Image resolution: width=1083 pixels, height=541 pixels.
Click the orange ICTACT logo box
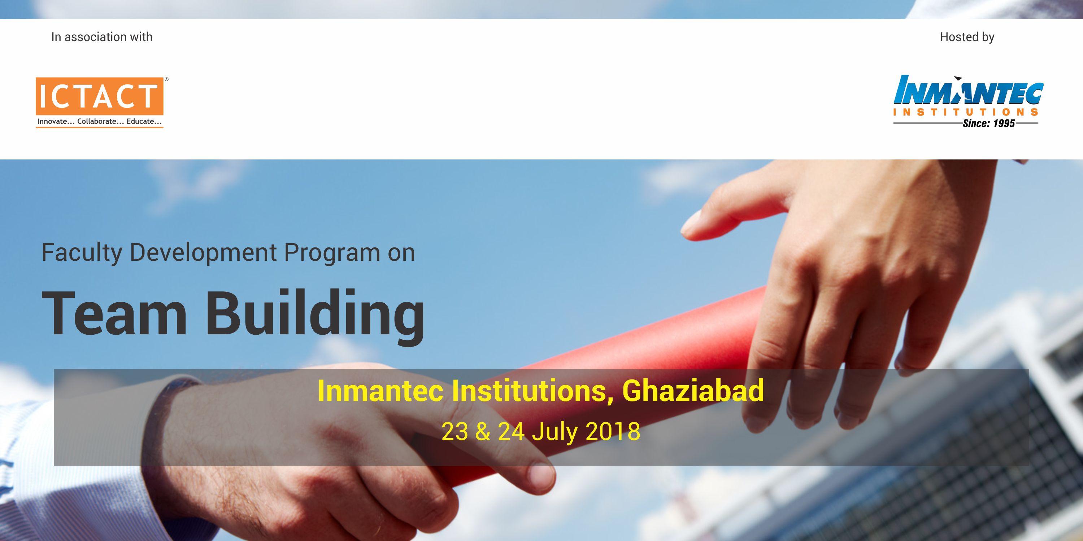click(100, 96)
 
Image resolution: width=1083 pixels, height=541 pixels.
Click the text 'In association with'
click(102, 37)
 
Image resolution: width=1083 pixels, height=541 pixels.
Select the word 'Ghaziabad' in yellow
click(693, 390)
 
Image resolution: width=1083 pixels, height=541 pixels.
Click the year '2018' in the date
click(613, 432)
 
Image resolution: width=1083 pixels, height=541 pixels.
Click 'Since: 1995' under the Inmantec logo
click(988, 123)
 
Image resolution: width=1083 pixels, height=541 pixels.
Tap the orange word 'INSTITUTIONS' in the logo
click(966, 112)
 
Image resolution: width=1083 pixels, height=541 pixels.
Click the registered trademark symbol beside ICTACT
click(166, 79)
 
